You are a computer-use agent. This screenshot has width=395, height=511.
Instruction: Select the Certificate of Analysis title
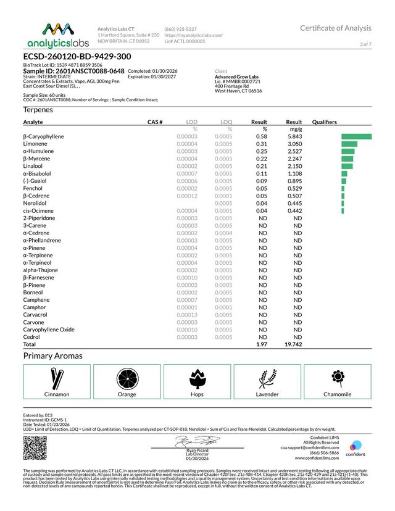336,28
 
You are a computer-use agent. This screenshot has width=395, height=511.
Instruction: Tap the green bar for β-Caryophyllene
356,136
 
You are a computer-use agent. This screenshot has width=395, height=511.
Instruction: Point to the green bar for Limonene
349,144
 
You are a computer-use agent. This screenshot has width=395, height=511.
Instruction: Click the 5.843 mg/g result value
294,136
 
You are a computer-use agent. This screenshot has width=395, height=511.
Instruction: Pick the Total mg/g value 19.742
293,344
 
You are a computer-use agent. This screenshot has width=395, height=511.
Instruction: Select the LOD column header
191,122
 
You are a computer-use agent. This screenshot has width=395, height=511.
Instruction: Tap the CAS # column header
155,122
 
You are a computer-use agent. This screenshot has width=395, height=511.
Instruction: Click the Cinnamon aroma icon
57,377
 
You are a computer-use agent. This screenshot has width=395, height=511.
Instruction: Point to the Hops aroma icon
197,377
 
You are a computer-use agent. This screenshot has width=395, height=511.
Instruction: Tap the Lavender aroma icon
267,377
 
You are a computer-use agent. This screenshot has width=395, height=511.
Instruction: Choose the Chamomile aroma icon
337,377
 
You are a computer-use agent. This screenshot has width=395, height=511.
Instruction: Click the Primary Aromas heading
52,356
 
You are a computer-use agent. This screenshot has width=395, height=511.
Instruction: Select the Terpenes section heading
38,110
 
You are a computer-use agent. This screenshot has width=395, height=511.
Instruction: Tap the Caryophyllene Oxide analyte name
49,330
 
